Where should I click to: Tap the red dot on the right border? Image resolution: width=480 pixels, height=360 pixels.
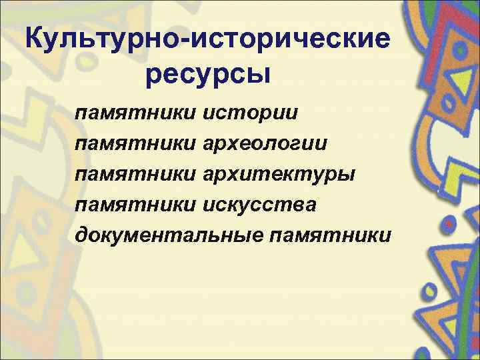click(x=451, y=226)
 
